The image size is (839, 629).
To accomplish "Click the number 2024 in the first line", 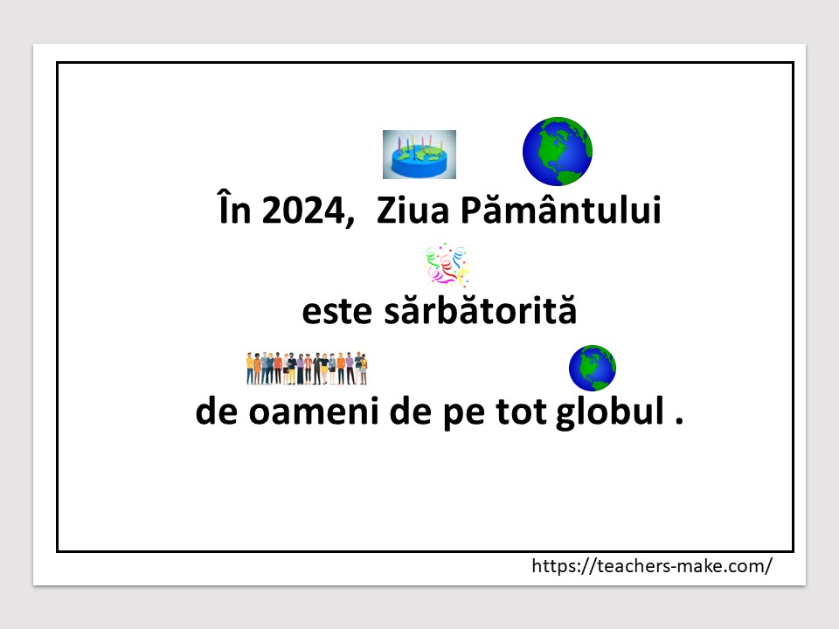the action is click(303, 211).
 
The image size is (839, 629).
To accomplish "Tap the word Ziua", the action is click(413, 211).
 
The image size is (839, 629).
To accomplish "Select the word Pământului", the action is click(561, 208).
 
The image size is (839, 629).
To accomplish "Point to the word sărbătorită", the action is click(481, 309).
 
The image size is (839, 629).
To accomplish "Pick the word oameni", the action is click(314, 412).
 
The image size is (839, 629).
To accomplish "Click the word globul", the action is click(610, 412).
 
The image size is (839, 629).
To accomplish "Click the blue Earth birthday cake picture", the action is click(419, 155).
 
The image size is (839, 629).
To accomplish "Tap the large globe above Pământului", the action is click(558, 151).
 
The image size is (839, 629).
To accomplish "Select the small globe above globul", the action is click(593, 368).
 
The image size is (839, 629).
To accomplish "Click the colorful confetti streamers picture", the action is click(447, 264).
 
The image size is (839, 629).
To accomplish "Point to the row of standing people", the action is click(307, 368).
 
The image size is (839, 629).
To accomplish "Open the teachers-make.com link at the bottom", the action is click(652, 566).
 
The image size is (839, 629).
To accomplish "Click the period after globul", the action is click(680, 421).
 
